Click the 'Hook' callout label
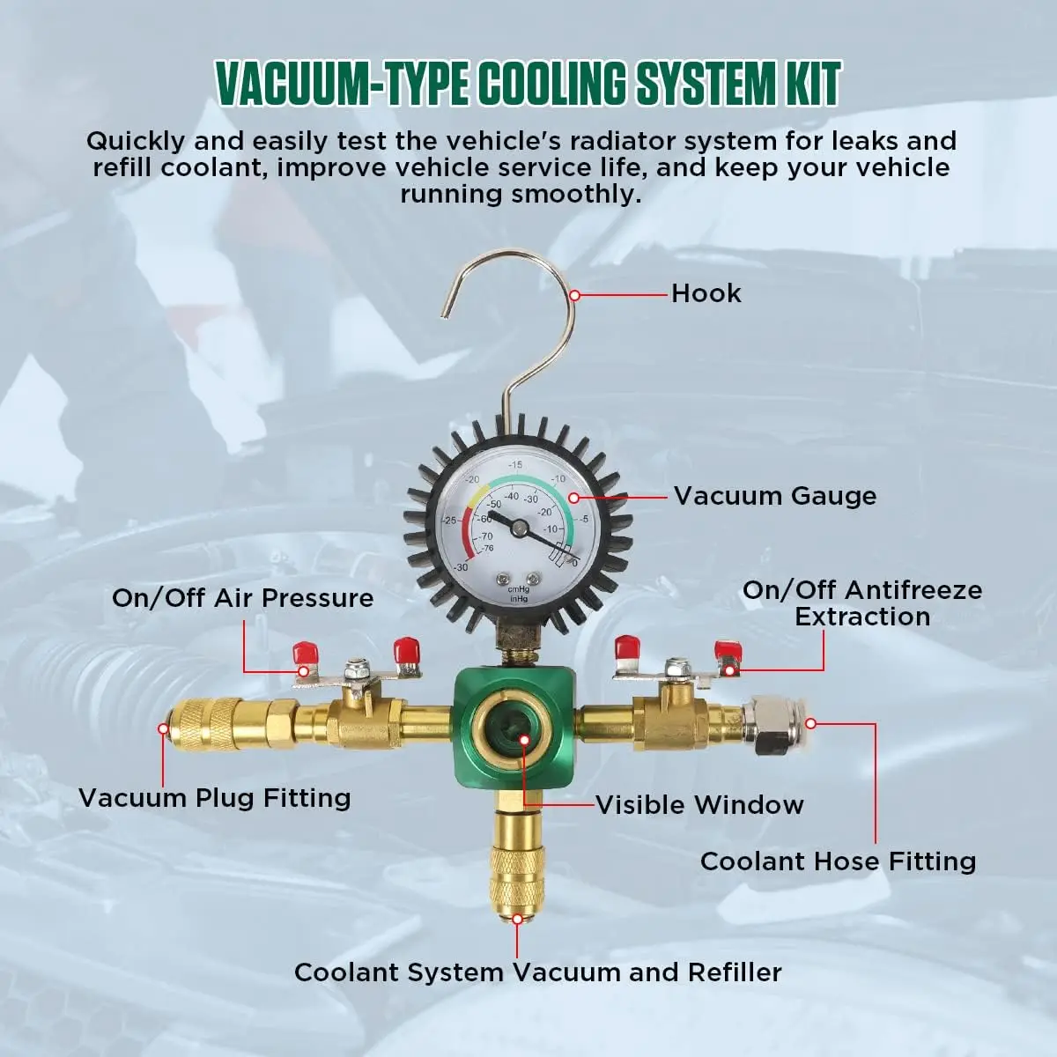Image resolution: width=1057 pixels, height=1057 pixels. coord(706,294)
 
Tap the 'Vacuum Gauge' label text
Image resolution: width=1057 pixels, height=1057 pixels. coord(775,497)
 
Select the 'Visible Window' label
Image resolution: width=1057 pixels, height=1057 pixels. coord(700,805)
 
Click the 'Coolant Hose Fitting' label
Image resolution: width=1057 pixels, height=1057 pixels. coord(839,861)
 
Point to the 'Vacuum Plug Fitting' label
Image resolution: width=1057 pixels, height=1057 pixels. coord(214,798)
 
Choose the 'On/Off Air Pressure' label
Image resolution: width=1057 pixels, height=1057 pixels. coord(242,598)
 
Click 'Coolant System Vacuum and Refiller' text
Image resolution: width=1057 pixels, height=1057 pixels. coord(537,972)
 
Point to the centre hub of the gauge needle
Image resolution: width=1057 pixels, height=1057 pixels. coord(519,528)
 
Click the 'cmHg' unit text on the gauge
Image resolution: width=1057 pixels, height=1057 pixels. coord(518,588)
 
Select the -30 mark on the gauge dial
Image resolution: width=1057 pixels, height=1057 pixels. coord(461,567)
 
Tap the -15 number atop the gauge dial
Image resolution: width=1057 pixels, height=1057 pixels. coord(515,464)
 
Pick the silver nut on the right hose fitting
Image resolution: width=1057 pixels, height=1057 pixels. coord(769,725)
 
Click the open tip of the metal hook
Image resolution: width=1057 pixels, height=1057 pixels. coord(444,314)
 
